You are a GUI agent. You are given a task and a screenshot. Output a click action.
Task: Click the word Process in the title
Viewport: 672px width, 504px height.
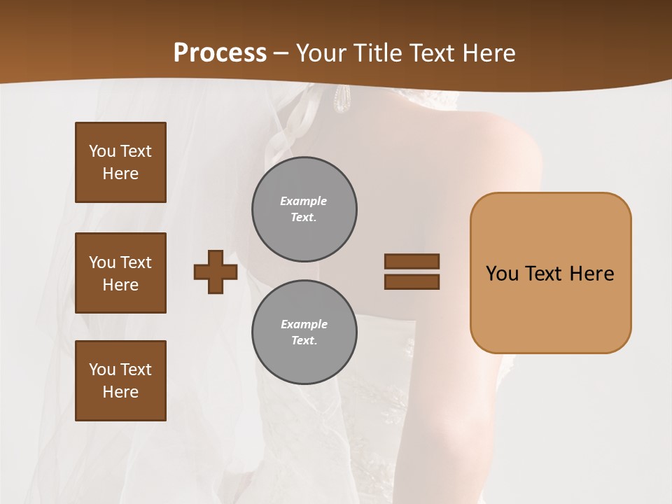coord(220,53)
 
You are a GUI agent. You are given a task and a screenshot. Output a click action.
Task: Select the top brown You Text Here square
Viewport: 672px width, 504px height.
coord(120,162)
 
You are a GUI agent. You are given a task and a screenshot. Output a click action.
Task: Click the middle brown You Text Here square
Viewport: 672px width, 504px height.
coord(120,273)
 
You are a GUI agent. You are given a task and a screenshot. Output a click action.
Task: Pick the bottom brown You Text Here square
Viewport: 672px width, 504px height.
coord(120,381)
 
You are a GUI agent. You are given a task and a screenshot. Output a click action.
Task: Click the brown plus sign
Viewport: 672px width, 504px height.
coord(216,272)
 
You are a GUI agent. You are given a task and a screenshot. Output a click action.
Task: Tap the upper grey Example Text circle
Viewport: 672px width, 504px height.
coord(304,209)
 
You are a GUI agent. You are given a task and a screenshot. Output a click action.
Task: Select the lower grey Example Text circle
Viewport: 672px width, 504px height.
coord(304,332)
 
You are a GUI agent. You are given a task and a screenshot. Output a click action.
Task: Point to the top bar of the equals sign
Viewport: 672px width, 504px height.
coord(412,261)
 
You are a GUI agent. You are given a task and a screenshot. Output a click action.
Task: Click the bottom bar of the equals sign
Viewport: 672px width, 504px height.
coord(412,281)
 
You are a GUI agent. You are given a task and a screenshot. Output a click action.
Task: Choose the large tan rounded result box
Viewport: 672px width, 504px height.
coord(550,308)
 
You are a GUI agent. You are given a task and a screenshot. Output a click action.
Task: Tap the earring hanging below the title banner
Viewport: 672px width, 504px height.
coord(342,99)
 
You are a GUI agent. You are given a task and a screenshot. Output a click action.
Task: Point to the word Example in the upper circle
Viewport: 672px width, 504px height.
coord(304,201)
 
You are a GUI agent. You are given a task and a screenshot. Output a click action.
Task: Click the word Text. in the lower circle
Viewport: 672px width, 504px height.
coord(304,340)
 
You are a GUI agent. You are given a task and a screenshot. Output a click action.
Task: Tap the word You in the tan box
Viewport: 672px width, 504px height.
coord(502,273)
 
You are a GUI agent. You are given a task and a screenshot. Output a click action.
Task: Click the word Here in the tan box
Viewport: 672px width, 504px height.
coord(591,273)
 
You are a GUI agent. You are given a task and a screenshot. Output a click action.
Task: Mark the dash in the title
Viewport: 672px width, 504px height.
coord(281,53)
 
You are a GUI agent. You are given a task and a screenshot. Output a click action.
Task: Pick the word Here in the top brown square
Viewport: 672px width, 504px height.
coord(120,174)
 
